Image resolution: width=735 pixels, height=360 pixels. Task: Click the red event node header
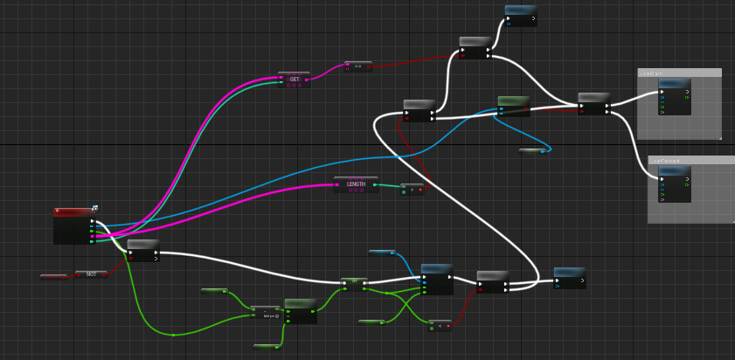pos(73,211)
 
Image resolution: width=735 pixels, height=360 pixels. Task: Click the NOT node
pos(91,274)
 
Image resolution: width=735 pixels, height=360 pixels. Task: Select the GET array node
pos(294,79)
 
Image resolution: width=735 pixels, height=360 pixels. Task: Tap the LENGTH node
pos(356,183)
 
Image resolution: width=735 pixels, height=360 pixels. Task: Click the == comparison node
pos(357,66)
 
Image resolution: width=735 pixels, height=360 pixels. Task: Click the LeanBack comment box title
pos(679,73)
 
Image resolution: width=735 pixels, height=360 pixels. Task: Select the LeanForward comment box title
pos(690,161)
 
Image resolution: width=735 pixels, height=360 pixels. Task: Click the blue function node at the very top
pos(520,10)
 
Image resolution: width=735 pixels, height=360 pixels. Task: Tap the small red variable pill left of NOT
pos(53,277)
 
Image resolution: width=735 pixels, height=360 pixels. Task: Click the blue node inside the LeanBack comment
pos(674,84)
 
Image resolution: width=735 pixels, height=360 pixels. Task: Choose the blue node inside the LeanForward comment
pos(674,172)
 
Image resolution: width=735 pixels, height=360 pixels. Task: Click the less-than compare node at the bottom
pos(440,325)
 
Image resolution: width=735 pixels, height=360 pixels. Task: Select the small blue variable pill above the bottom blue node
pos(382,253)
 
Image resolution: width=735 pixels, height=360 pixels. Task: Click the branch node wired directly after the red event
pos(143,245)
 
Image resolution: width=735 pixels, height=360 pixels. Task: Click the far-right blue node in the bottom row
pos(569,273)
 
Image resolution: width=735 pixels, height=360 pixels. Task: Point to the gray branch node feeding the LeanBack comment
pos(593,98)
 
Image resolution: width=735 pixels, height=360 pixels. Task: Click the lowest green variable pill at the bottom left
pos(267,347)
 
